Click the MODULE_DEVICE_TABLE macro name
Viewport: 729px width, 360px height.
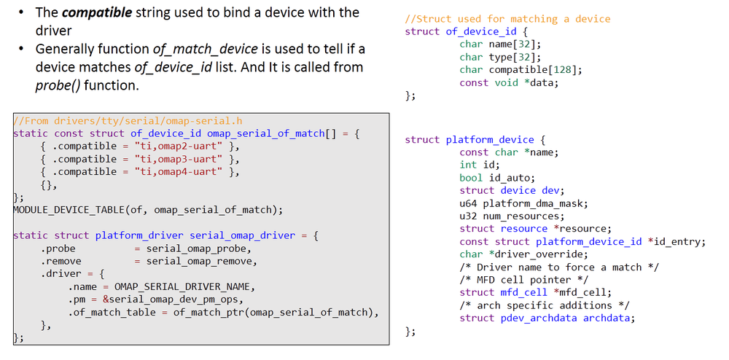pos(69,210)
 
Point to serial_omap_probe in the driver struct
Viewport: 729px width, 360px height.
pos(195,249)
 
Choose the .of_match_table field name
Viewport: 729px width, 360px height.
pos(110,313)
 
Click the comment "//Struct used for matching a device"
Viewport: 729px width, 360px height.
pos(507,19)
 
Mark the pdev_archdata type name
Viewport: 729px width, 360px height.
pos(538,318)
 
